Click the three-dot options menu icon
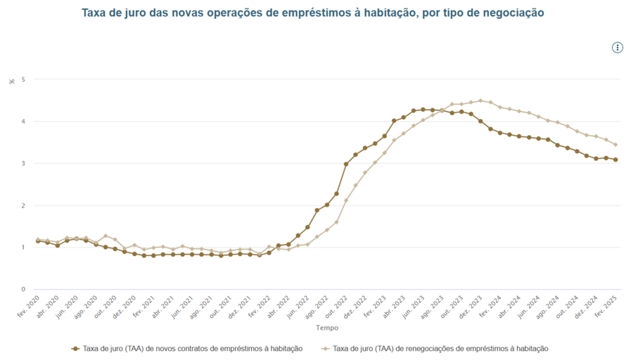pyautogui.click(x=618, y=48)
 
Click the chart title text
pyautogui.click(x=312, y=13)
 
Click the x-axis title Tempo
pyautogui.click(x=326, y=328)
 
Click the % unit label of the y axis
pyautogui.click(x=12, y=82)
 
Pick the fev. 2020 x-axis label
pyautogui.click(x=28, y=307)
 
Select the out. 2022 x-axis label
pyautogui.click(x=337, y=307)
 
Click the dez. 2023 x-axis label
pyautogui.click(x=472, y=307)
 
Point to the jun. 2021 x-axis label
pyautogui.click(x=182, y=307)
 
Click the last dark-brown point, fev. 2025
pyautogui.click(x=615, y=160)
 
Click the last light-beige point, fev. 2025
pyautogui.click(x=615, y=145)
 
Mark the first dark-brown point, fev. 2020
pyautogui.click(x=38, y=241)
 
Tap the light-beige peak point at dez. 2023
pyautogui.click(x=480, y=101)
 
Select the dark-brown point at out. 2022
pyautogui.click(x=346, y=165)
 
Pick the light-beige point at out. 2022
pyautogui.click(x=346, y=200)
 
